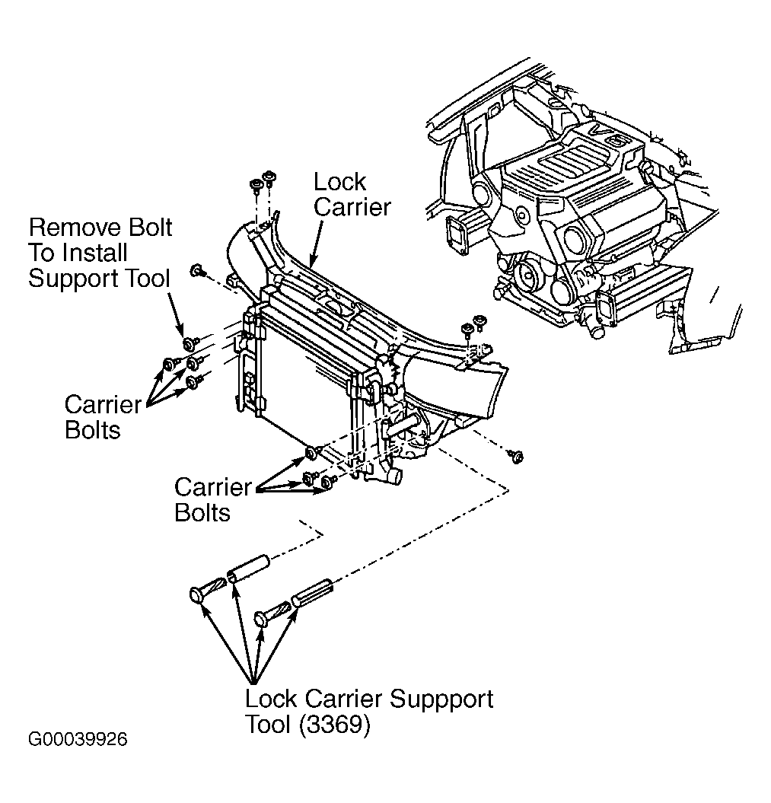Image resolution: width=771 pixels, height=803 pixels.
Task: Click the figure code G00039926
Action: click(78, 739)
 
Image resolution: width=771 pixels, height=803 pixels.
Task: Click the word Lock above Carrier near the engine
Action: click(339, 182)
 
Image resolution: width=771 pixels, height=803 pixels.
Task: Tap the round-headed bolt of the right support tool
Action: click(263, 618)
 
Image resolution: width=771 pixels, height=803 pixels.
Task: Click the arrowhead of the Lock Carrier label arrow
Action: click(313, 263)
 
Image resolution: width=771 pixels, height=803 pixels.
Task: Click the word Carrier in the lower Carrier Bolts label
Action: click(212, 486)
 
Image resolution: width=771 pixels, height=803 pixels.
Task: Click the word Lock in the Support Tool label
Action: click(271, 699)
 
